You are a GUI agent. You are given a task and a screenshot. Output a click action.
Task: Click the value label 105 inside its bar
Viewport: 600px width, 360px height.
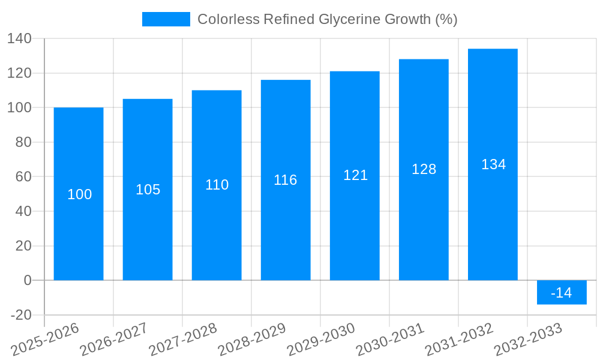148,190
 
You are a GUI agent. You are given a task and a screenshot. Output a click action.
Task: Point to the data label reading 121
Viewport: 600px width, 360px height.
355,175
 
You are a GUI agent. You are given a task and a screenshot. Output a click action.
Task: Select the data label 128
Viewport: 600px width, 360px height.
424,169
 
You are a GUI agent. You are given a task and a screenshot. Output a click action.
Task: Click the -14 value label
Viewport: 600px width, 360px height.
562,293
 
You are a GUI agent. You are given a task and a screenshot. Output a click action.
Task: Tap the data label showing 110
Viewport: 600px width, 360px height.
217,185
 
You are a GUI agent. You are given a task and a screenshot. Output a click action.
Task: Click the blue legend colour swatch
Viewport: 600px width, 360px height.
166,19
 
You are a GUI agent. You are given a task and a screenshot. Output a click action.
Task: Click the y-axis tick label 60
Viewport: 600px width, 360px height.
23,177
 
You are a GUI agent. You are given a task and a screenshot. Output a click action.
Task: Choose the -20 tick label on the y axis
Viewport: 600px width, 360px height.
21,315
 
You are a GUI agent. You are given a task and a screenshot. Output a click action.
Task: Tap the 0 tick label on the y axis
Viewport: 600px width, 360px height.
28,280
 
